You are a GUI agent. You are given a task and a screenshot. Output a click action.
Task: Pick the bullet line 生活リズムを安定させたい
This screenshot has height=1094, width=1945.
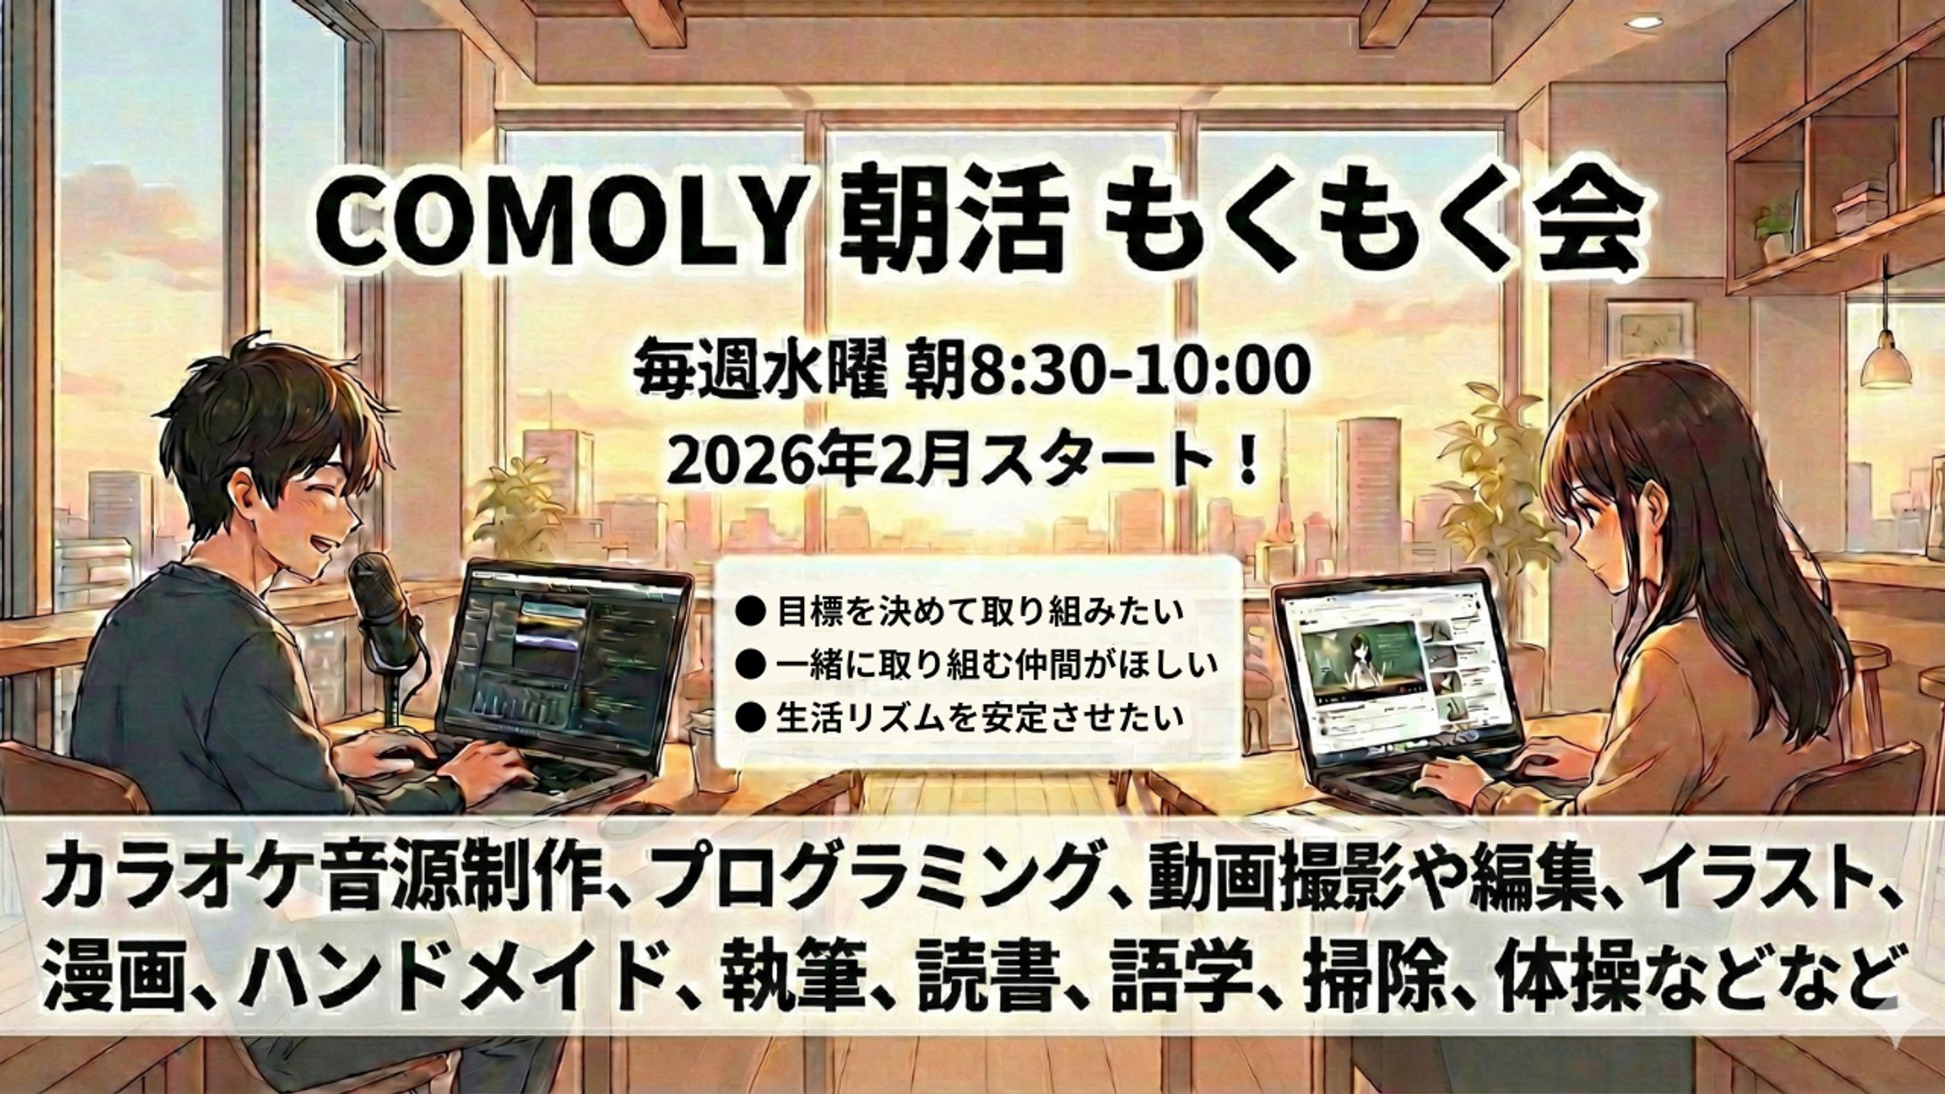click(x=980, y=717)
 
